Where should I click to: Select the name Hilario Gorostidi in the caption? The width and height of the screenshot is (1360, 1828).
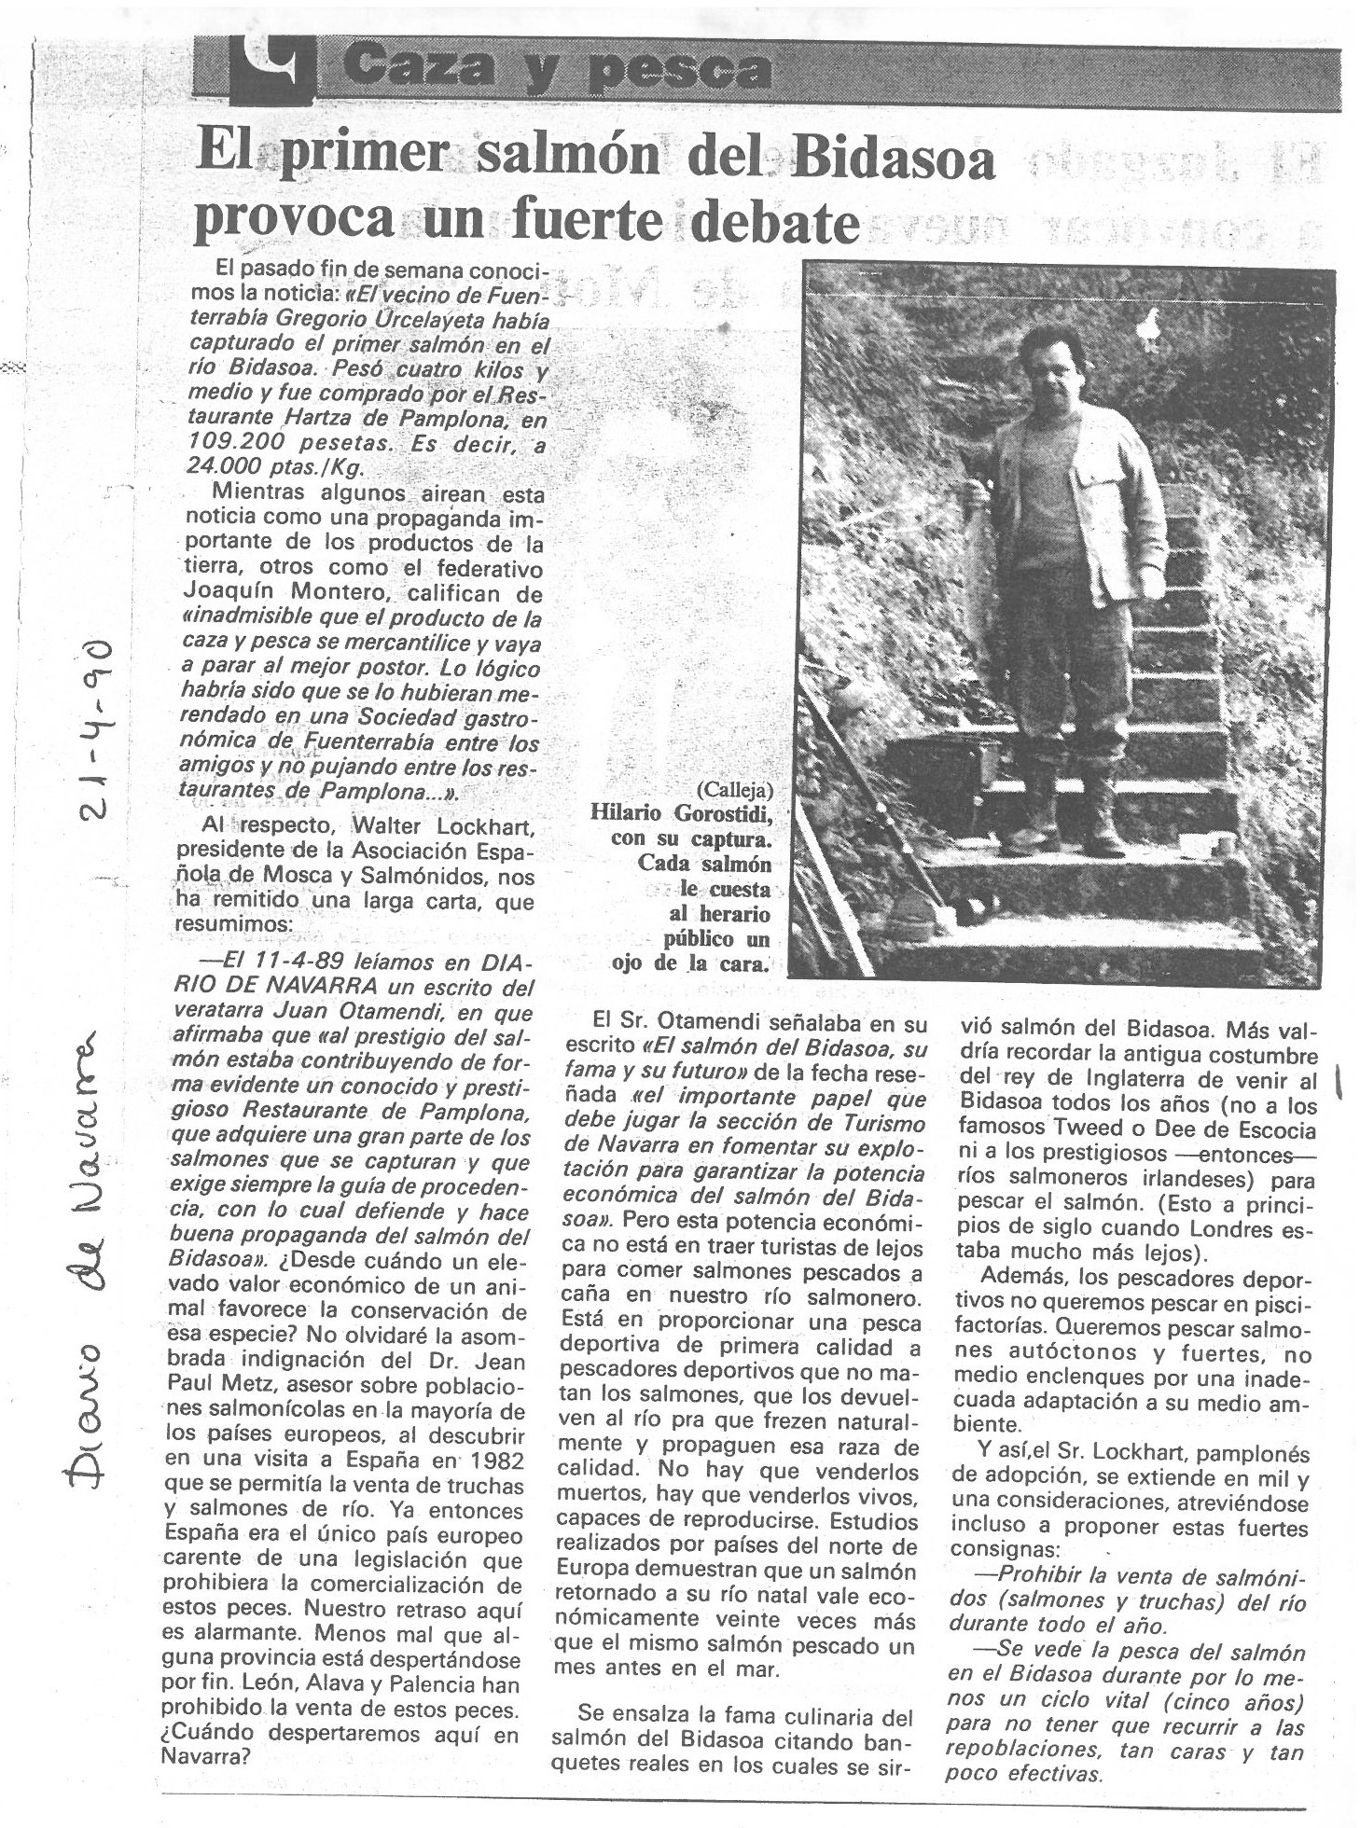pyautogui.click(x=682, y=813)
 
